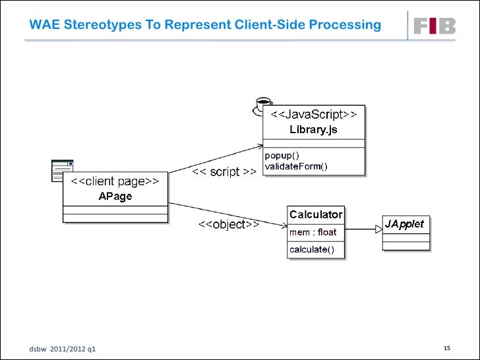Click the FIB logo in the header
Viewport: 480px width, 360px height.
435,26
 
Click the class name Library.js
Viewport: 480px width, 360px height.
313,130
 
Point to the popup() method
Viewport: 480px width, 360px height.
282,156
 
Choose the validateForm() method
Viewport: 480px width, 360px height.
296,167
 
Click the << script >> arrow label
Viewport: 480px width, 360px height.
224,173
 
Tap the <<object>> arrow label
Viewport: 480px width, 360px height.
229,225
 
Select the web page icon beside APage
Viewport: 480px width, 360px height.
63,171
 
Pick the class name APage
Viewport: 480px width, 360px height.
115,196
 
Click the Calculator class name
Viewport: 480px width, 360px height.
316,214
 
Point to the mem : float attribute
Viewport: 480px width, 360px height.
313,231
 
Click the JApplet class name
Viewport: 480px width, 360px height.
405,224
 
